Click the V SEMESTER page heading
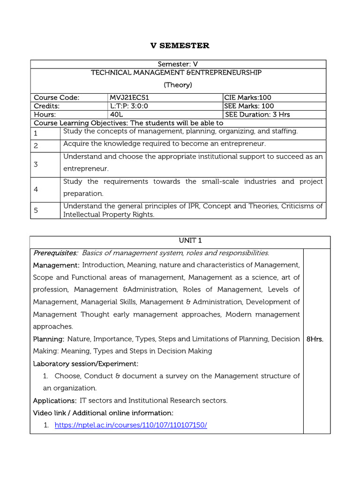pyautogui.click(x=180, y=45)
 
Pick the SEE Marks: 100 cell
pyautogui.click(x=249, y=106)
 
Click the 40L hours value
pyautogui.click(x=116, y=114)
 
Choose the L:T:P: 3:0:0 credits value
pyautogui.click(x=129, y=106)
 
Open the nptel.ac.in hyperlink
pyautogui.click(x=131, y=425)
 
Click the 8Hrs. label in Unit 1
pyautogui.click(x=315, y=339)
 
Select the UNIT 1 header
pyautogui.click(x=180, y=240)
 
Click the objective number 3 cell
pyautogui.click(x=36, y=165)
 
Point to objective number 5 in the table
pyautogui.click(x=36, y=210)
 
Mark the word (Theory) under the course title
pyautogui.click(x=178, y=85)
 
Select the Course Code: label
pyautogui.click(x=57, y=97)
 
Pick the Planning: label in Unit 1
pyautogui.click(x=48, y=339)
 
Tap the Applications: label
pyautogui.click(x=54, y=401)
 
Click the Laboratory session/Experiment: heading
pyautogui.click(x=86, y=364)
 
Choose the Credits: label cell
pyautogui.click(x=47, y=106)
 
